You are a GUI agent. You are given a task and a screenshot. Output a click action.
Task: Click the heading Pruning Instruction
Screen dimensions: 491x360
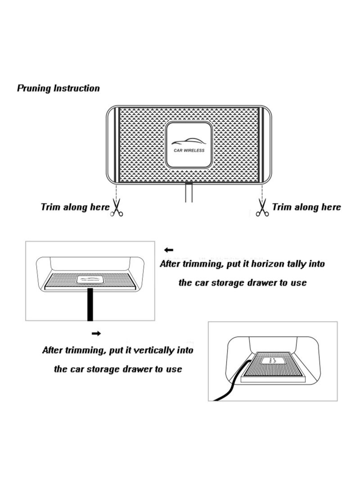58,88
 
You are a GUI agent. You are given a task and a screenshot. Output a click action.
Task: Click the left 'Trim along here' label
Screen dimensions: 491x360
75,207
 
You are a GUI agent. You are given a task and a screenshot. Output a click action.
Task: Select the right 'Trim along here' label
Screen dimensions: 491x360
306,207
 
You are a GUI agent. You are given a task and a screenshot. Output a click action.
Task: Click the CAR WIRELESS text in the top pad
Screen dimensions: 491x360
189,150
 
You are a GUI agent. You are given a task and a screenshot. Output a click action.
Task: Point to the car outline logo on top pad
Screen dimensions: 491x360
189,140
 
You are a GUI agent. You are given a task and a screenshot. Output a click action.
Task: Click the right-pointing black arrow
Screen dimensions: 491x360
96,333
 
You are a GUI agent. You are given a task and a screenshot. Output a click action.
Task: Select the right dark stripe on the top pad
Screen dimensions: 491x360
261,144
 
